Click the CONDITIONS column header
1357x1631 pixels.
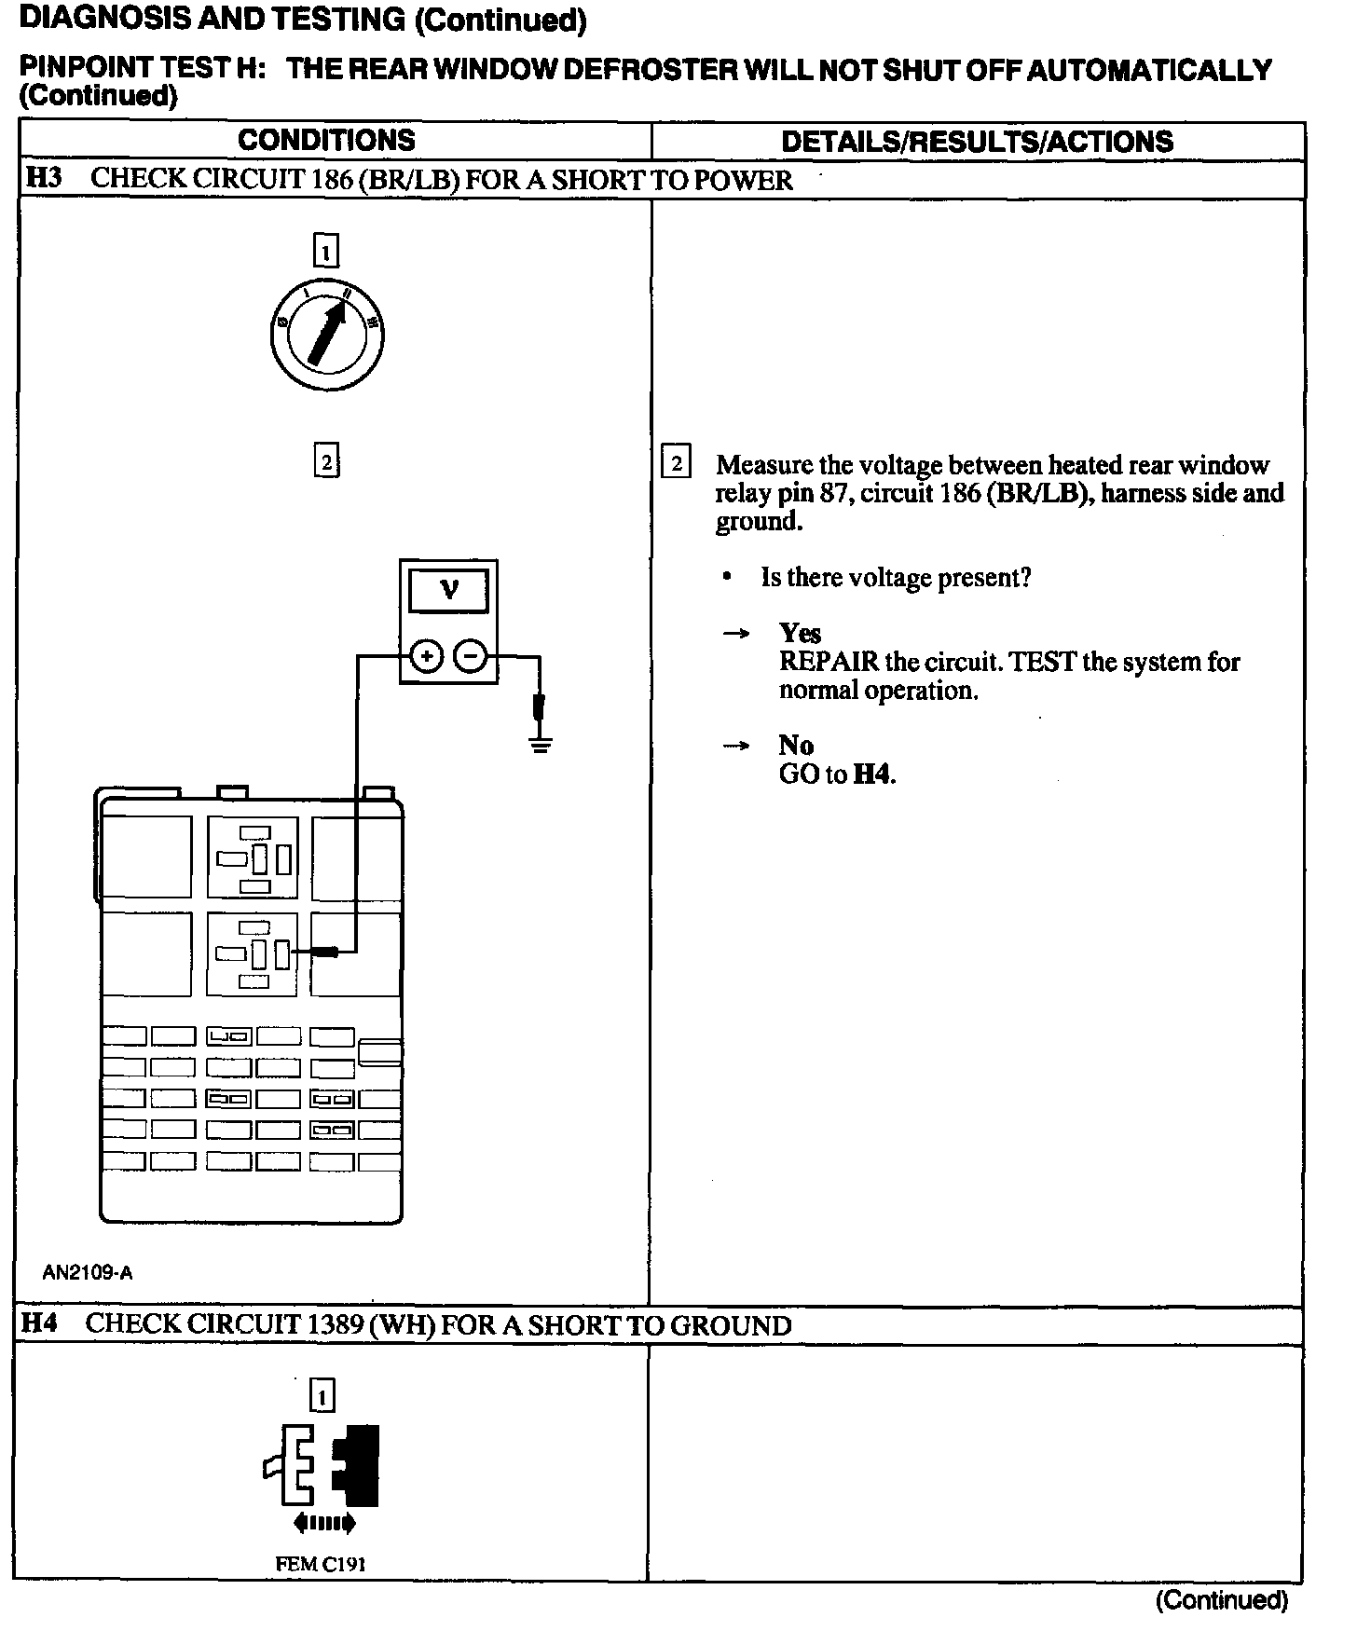[x=326, y=140]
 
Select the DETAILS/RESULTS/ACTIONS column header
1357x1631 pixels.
[x=977, y=141]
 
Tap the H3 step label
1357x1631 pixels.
[x=43, y=178]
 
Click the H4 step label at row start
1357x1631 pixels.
[x=40, y=1323]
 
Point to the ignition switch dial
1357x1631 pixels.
[x=326, y=336]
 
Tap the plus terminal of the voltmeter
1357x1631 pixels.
[x=426, y=657]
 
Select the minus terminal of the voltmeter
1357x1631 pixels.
[x=471, y=657]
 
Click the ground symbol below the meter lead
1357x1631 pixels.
[x=540, y=744]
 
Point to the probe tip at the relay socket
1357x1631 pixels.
[x=325, y=952]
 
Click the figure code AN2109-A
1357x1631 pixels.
[x=88, y=1272]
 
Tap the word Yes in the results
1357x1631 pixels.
[x=800, y=634]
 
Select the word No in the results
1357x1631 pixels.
[x=796, y=746]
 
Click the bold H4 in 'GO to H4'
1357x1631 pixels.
[x=872, y=774]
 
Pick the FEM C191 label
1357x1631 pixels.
[x=321, y=1564]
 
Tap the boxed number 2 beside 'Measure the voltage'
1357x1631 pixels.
[x=676, y=463]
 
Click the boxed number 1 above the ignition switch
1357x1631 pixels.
[x=326, y=252]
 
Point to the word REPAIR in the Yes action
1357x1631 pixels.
[x=829, y=662]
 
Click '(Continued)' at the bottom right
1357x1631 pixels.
[x=1221, y=1600]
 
